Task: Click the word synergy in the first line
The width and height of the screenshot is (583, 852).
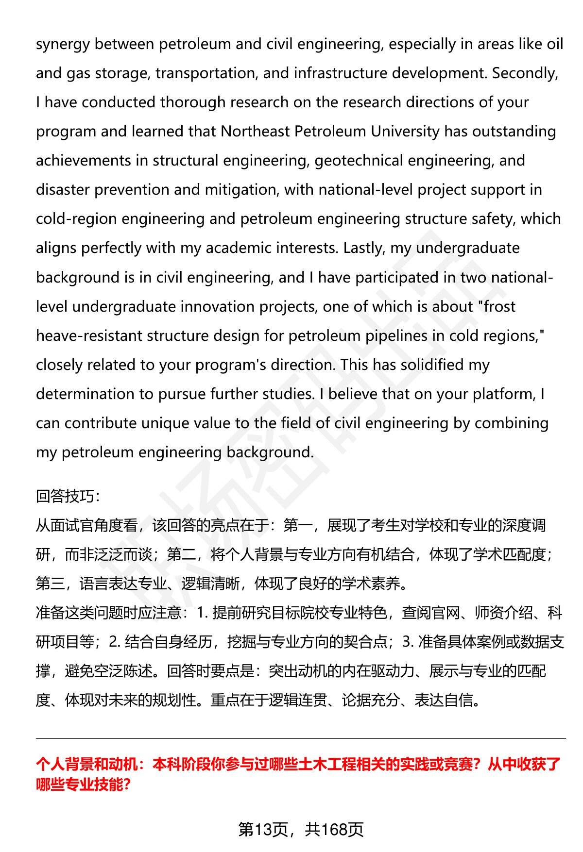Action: (63, 45)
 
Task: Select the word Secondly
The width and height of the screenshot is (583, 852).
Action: (524, 73)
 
